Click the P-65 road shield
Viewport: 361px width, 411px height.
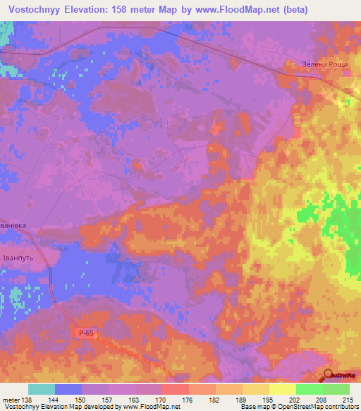click(x=84, y=333)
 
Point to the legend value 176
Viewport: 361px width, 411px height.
click(x=188, y=400)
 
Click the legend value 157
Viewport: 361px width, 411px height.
click(x=109, y=400)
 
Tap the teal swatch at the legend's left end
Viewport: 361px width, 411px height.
click(x=42, y=389)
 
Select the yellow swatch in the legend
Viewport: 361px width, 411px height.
click(x=283, y=389)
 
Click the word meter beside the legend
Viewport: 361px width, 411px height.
click(x=11, y=400)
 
